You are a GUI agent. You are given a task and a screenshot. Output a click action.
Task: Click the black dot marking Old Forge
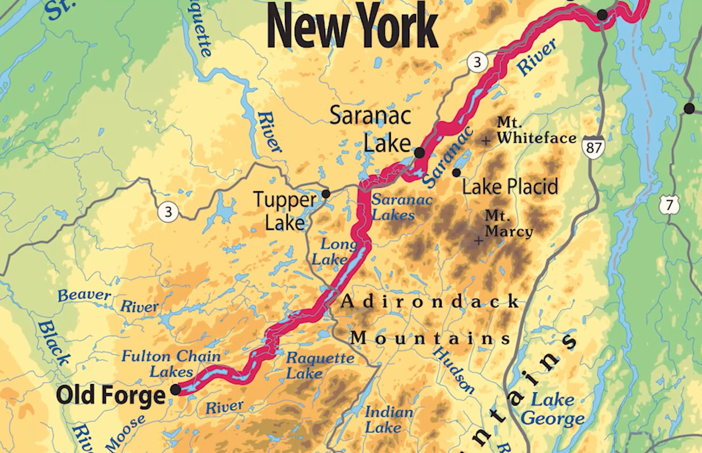point(175,389)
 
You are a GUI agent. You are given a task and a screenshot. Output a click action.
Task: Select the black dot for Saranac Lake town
point(419,153)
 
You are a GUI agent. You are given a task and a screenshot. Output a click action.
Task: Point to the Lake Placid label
point(510,187)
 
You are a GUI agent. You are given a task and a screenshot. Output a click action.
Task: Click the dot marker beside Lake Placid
point(456,172)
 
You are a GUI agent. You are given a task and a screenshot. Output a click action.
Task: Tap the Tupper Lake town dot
point(326,193)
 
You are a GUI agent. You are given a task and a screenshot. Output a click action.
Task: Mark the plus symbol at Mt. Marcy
point(479,240)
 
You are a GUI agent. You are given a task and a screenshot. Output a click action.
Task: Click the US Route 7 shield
point(667,205)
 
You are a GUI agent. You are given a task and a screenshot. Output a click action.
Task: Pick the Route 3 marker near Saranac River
point(477,64)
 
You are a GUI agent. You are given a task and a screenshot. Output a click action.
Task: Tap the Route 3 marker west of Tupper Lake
point(168,212)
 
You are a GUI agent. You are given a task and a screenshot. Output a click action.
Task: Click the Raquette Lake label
point(319,365)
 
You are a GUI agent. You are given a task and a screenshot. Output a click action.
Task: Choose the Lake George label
point(553,409)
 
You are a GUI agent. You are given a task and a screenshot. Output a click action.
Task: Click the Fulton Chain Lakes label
point(171,364)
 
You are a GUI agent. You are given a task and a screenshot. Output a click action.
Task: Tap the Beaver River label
point(108,300)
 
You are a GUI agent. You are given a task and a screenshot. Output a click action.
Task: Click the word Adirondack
point(430,302)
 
